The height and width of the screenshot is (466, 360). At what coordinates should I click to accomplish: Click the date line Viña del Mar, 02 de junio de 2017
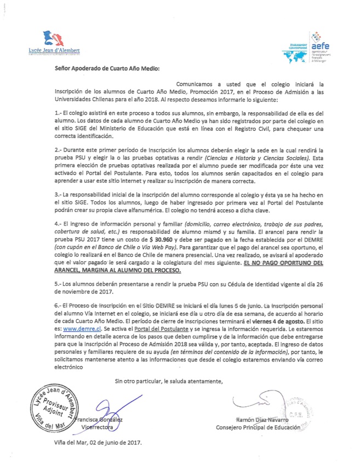coord(98,442)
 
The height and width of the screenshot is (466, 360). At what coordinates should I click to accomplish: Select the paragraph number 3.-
coord(61,179)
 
